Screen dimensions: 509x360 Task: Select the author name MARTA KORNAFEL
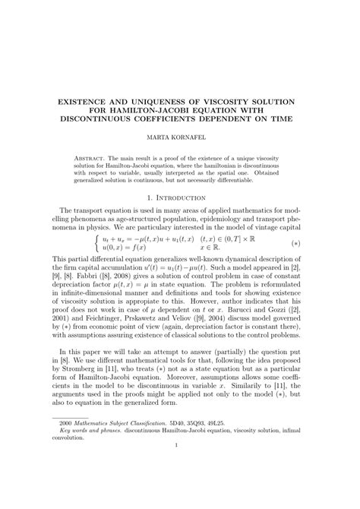(x=179, y=140)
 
